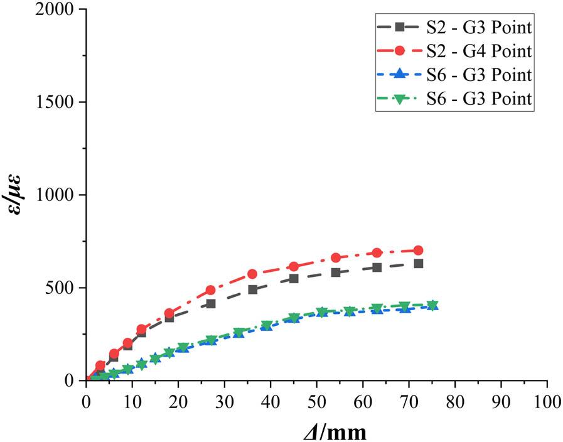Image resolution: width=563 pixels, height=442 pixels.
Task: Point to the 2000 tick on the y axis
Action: pyautogui.click(x=60, y=10)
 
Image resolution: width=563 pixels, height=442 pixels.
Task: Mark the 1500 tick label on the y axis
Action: pyautogui.click(x=60, y=102)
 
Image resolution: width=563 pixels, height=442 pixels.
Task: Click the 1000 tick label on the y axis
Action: pyautogui.click(x=60, y=195)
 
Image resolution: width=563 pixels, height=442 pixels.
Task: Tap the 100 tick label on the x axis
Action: pyautogui.click(x=546, y=401)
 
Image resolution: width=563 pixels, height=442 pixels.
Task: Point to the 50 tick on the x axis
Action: pyautogui.click(x=316, y=401)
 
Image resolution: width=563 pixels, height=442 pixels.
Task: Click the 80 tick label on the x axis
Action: pyautogui.click(x=454, y=401)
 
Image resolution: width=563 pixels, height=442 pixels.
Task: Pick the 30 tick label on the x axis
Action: pyautogui.click(x=224, y=401)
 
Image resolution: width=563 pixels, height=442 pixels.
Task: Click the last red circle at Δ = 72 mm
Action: pyautogui.click(x=418, y=251)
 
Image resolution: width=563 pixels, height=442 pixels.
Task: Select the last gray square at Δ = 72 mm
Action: pyautogui.click(x=418, y=264)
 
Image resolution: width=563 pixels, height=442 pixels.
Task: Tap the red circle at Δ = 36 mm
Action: pyautogui.click(x=252, y=274)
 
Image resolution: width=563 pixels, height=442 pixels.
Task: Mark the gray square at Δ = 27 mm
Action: pyautogui.click(x=211, y=304)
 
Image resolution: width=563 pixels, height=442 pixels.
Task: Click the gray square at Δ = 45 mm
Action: pyautogui.click(x=294, y=279)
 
